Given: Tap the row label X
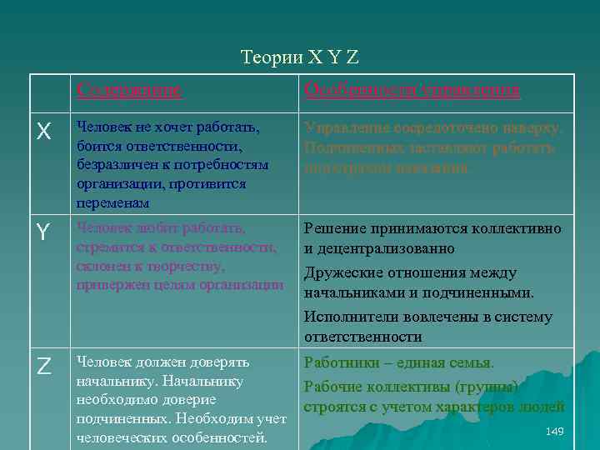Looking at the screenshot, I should [x=44, y=132].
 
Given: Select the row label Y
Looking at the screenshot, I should [x=44, y=234].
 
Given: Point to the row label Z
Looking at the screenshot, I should [x=44, y=366].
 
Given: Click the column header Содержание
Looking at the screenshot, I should [x=128, y=90].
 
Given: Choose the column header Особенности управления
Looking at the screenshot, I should [x=412, y=90].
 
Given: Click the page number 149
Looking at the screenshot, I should [x=554, y=430].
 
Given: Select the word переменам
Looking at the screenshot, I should [x=113, y=202].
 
